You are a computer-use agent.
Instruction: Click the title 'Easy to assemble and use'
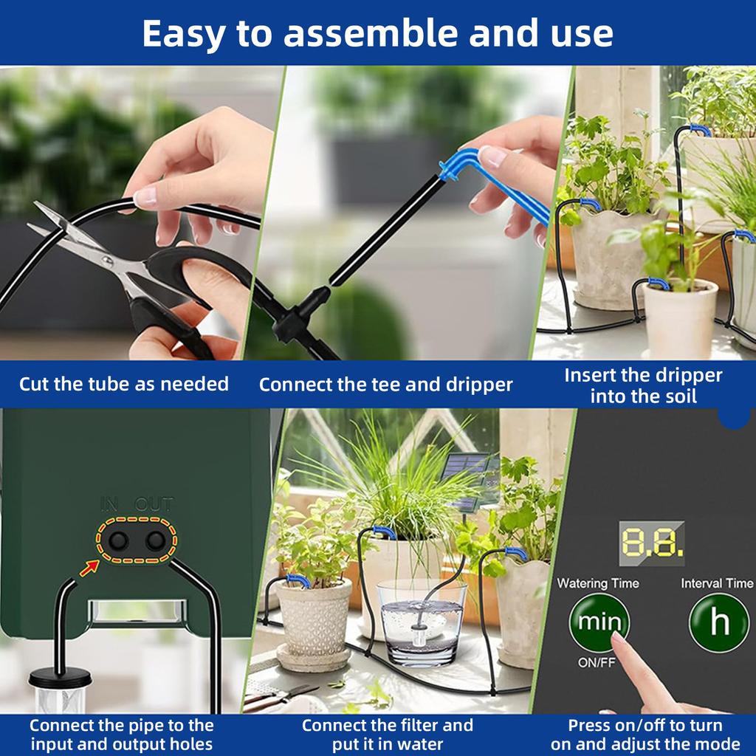377,33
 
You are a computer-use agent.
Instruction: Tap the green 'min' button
599,622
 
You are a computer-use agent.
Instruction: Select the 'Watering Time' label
598,583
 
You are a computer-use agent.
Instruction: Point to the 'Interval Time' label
717,583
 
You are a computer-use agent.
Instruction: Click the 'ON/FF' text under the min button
597,662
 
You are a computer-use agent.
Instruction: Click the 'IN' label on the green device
110,506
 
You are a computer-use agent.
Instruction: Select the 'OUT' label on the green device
154,506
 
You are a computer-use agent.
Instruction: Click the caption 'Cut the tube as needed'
124,384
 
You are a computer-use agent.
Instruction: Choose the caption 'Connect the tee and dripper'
385,384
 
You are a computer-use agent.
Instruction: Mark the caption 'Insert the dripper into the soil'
643,385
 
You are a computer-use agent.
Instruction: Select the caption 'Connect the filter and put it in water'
388,734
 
